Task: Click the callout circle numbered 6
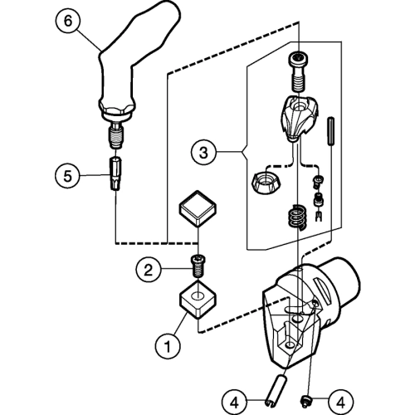(68, 21)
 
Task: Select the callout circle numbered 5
(67, 176)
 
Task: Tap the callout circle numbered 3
(203, 153)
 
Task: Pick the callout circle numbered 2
(149, 270)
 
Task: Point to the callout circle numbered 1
(168, 346)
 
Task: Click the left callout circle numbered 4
(234, 402)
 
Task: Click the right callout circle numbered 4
(341, 402)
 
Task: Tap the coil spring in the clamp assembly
(296, 217)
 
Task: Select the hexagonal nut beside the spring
(266, 183)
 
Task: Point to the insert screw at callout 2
(198, 266)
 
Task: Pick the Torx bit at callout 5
(115, 173)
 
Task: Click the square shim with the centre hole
(198, 300)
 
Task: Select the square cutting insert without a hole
(198, 209)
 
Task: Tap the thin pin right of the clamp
(330, 131)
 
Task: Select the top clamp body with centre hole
(299, 119)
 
